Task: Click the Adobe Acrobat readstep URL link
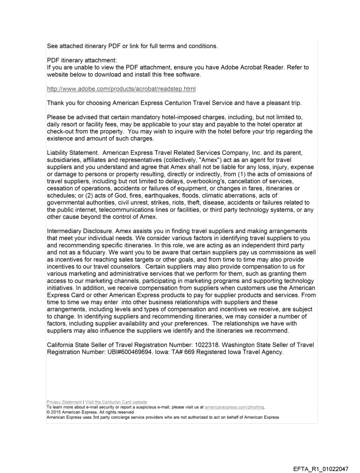pyautogui.click(x=121, y=89)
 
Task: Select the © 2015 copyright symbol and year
pyautogui.click(x=54, y=412)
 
